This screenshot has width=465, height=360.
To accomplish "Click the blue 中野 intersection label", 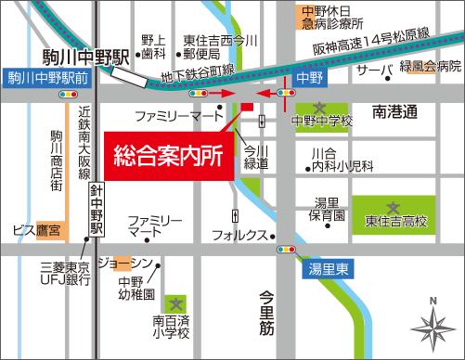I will tap(304, 80).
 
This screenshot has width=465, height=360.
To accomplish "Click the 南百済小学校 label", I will tap(171, 326).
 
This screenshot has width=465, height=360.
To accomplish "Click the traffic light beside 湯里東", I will tap(282, 250).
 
